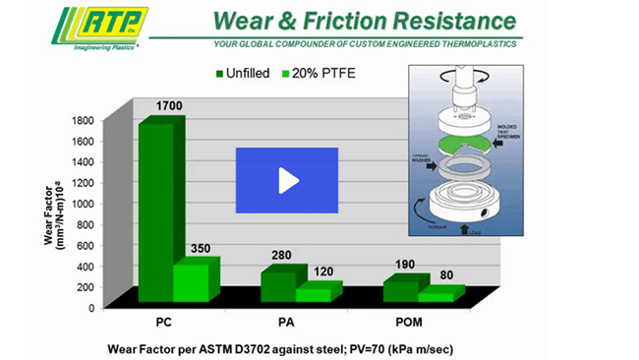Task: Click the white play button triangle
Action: coord(288,181)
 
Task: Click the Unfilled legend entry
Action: coord(242,73)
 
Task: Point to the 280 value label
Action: coord(282,256)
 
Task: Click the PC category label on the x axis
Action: coord(166,322)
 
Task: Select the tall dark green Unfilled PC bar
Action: coord(156,211)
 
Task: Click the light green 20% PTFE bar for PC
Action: coord(193,282)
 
